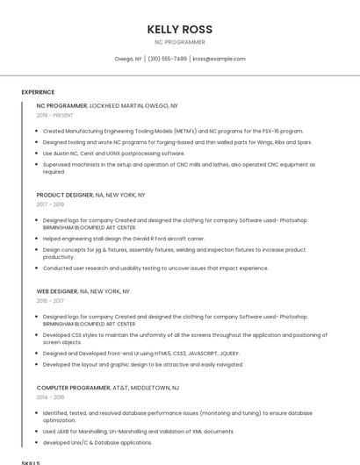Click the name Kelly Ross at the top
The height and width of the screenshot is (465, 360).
[180, 29]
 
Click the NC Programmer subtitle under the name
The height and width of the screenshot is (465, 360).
[180, 42]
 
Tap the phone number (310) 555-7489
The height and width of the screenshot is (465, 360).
[167, 59]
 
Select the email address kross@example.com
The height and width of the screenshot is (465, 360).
[219, 59]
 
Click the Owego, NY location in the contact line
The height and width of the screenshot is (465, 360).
[128, 59]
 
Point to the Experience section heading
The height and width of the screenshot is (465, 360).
[38, 91]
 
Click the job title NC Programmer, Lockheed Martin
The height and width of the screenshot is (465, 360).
[107, 105]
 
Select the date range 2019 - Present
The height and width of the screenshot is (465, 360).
[54, 115]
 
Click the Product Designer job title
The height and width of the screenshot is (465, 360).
[90, 195]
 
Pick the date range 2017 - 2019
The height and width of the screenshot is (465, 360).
[50, 204]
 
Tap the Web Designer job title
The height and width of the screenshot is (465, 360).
[83, 290]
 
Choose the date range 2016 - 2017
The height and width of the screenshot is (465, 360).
[50, 300]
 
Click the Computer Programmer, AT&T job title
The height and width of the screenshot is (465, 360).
[107, 387]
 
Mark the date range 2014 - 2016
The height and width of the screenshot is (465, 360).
[50, 397]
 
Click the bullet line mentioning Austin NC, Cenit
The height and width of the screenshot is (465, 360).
[114, 153]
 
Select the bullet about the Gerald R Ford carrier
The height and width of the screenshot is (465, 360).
[124, 238]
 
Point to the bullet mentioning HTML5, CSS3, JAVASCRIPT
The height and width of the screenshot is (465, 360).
[141, 353]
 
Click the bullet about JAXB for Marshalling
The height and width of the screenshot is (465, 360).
[138, 431]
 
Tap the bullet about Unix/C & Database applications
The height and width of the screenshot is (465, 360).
[97, 442]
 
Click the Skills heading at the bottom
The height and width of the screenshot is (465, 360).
[31, 461]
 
